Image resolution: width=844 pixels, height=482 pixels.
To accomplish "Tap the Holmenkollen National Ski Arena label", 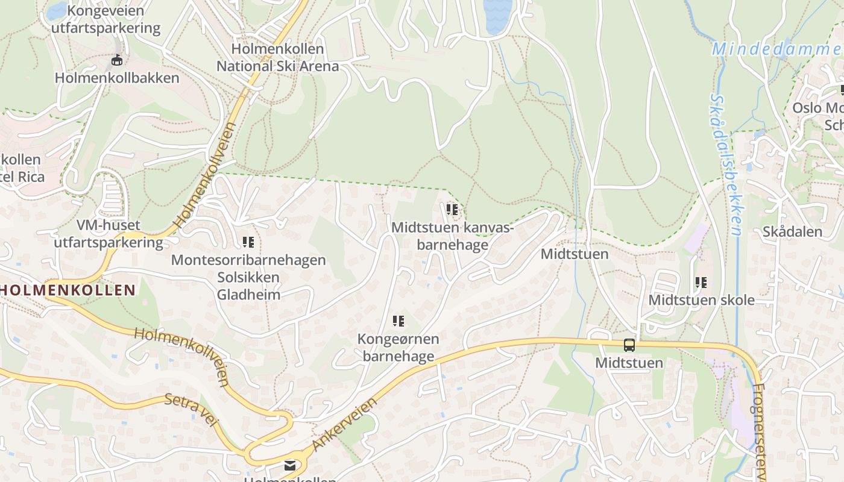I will pos(278,57).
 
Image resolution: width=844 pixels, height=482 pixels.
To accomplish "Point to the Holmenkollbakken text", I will pos(117,78).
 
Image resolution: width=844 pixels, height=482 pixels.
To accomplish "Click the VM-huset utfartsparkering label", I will pos(109,234).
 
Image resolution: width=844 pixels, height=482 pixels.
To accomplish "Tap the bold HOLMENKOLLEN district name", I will pos(68,290).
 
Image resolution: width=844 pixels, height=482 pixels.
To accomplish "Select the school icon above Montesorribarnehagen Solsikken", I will pos(248,242).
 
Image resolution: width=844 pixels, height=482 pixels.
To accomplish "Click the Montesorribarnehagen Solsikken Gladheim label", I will pos(248,277).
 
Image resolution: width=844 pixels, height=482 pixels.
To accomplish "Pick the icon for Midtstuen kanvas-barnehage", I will pos(452,210).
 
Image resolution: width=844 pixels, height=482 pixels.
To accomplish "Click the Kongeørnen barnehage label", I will pos(398,348).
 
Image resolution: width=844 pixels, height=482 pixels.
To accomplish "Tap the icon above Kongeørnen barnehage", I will pos(398,321).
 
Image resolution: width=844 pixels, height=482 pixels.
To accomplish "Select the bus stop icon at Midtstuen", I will pos(629,345).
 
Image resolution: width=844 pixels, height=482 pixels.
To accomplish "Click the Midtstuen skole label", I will pos(701,300).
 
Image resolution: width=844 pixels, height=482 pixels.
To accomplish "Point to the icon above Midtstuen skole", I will pos(701,282).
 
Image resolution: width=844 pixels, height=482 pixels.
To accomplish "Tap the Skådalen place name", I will pos(792,232).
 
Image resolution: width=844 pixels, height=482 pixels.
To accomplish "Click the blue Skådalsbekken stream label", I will pos(725,163).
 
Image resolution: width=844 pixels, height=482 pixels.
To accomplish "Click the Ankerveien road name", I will pos(345,424).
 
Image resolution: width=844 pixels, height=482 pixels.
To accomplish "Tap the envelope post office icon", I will pos(290,465).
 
